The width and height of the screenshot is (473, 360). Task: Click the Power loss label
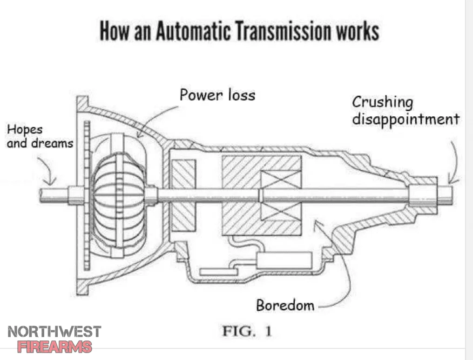(217, 95)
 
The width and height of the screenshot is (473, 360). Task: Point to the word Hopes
(25, 130)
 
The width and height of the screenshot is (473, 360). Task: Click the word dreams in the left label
(53, 143)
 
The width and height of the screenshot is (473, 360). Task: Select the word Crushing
(383, 103)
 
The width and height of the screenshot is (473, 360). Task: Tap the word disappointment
(406, 120)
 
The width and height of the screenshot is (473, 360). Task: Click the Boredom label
(285, 305)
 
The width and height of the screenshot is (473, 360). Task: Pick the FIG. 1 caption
(247, 331)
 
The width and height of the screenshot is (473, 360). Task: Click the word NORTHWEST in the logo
(54, 332)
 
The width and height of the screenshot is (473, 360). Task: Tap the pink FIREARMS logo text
(54, 347)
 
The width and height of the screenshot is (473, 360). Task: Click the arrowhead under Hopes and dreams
(50, 181)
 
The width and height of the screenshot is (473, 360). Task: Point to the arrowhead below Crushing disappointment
(451, 180)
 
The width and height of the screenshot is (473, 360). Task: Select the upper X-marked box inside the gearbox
(281, 180)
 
